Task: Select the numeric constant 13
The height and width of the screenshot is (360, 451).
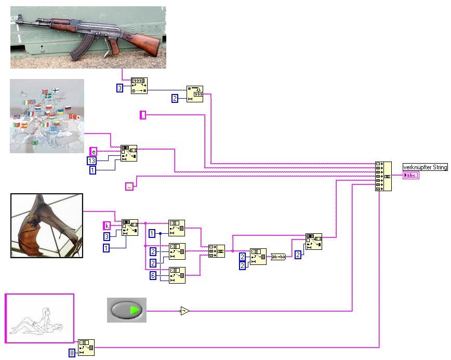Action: click(x=92, y=161)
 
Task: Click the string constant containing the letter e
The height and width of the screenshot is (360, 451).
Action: click(x=93, y=151)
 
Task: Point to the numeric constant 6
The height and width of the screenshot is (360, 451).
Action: click(x=153, y=275)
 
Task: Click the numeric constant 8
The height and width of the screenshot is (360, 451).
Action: click(x=72, y=353)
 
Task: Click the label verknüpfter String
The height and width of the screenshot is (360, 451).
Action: click(x=425, y=167)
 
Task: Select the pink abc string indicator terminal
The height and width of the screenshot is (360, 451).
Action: click(x=410, y=176)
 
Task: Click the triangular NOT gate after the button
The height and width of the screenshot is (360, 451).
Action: click(x=184, y=311)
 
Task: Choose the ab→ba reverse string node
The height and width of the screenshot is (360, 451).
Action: click(x=278, y=256)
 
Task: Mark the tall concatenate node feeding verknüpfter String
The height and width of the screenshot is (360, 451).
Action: click(x=383, y=176)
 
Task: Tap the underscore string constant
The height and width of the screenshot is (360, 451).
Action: click(x=129, y=186)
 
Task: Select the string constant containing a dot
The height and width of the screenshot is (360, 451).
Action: click(x=143, y=115)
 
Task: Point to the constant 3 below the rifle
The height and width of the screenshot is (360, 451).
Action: click(x=120, y=88)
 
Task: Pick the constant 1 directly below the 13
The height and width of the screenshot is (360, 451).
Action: click(x=92, y=170)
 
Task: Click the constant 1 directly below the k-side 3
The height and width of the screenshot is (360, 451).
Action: click(x=107, y=248)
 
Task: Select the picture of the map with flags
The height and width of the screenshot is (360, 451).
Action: click(x=47, y=116)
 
